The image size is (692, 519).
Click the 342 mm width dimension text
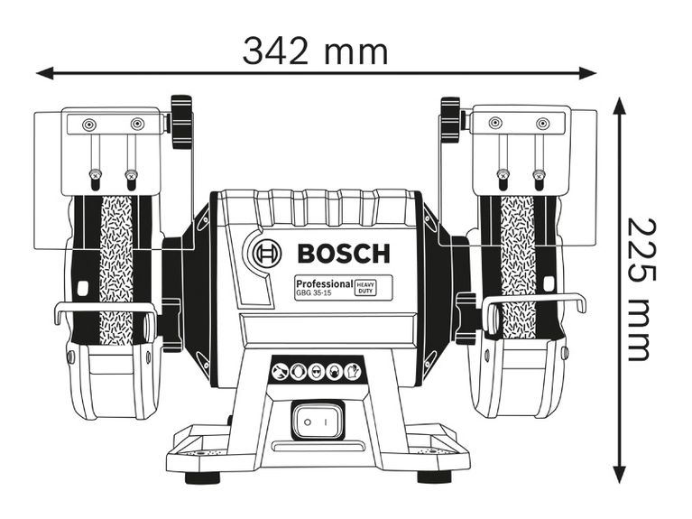coord(315,51)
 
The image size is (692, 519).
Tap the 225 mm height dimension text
coord(638,289)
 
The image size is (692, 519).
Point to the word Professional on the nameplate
coord(322,283)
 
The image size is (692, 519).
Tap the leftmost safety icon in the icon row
coord(281,371)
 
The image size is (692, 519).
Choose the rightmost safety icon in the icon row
coord(353,371)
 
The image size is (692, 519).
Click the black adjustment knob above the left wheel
coord(182,121)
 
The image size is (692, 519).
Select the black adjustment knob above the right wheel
coord(450,121)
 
